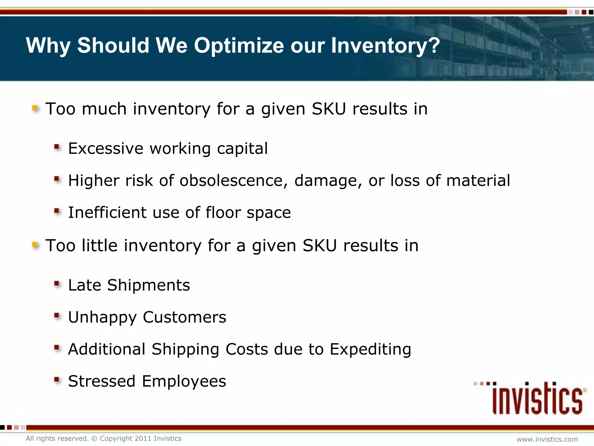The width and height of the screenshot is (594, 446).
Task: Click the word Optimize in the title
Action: coord(239,46)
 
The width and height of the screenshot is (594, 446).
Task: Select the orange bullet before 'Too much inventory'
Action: coord(35,108)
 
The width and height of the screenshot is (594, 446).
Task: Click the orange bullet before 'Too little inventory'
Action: coord(35,245)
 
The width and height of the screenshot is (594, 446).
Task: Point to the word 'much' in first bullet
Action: coord(104,109)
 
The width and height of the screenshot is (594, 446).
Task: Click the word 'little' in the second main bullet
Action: coord(99,246)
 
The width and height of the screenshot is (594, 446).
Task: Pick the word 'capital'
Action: coord(242,149)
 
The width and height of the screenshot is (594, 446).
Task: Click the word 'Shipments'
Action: coord(148,285)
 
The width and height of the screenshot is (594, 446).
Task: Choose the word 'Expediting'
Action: coord(370,349)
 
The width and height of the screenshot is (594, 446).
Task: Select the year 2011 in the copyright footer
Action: coord(142,438)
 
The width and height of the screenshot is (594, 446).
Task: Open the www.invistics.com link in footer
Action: coord(547,439)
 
